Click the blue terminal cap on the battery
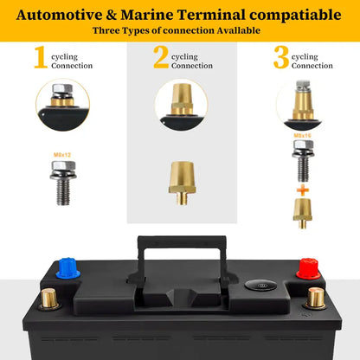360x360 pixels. pos(67,268)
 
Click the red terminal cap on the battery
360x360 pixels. pos(309,269)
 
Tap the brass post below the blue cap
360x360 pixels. pos(48,299)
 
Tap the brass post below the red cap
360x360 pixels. pos(315,298)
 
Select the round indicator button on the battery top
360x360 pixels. pos(260,286)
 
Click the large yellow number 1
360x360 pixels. pos(41,57)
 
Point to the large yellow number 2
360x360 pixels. pos(161,57)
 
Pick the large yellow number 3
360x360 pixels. pos(281,57)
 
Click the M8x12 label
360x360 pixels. pos(62,155)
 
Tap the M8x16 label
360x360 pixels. pos(303,135)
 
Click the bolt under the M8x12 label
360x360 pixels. pos(63,183)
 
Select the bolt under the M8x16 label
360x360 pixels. pos(303,161)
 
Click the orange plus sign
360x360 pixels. pos(303,190)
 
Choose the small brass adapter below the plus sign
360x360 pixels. pos(303,214)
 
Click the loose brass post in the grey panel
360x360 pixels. pos(183,183)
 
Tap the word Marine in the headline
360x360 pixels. pos(147,15)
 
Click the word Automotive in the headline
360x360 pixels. pos(60,15)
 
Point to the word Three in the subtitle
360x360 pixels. pos(106,30)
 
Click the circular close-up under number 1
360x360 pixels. pos(63,105)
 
